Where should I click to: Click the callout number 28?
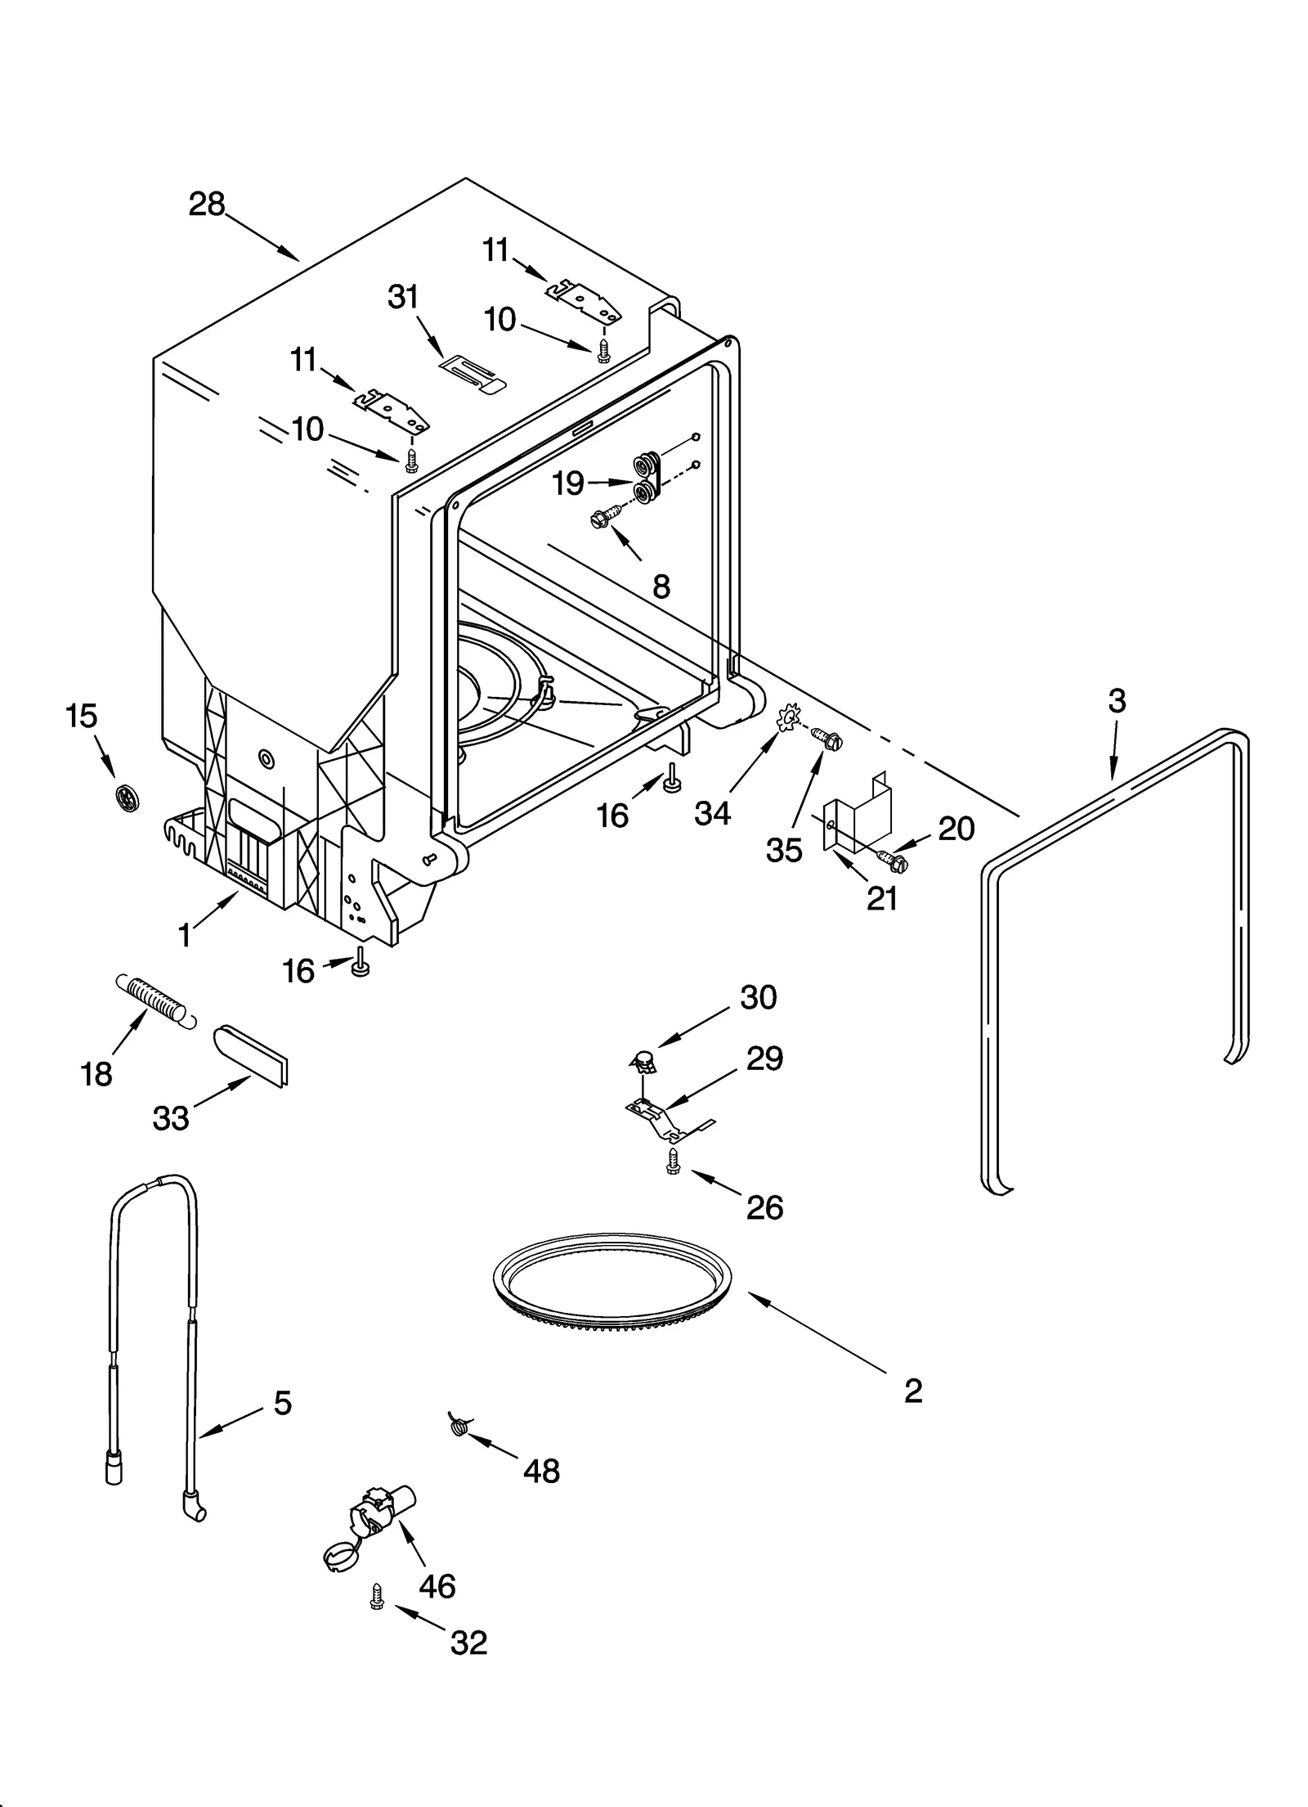[206, 204]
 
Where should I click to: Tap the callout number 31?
[403, 297]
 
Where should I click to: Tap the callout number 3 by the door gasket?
[1117, 701]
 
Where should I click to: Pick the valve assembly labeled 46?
[372, 1523]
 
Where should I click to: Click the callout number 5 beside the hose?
[282, 1404]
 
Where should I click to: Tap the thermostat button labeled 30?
[645, 1062]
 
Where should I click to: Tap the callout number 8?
[661, 586]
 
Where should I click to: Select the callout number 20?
[956, 829]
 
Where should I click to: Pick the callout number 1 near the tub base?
[186, 935]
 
